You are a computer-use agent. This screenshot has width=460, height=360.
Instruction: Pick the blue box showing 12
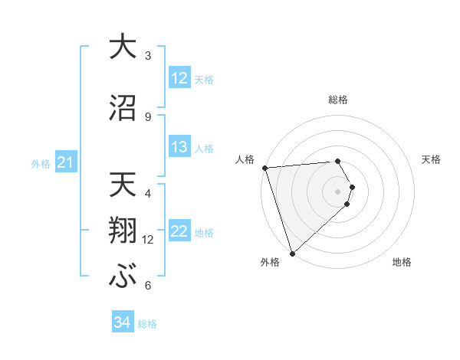pyautogui.click(x=179, y=78)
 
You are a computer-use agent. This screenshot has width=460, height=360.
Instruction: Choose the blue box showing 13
pyautogui.click(x=179, y=148)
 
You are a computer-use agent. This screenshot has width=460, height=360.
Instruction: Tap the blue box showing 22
pyautogui.click(x=179, y=232)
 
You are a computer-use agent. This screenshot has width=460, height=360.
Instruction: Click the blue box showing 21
pyautogui.click(x=65, y=162)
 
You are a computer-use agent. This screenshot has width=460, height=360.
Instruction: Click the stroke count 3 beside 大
pyautogui.click(x=149, y=56)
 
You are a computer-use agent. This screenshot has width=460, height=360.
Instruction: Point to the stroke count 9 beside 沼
pyautogui.click(x=148, y=116)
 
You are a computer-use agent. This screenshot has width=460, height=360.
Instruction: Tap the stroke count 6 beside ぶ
pyautogui.click(x=148, y=286)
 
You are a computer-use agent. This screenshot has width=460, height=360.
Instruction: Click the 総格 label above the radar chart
pyautogui.click(x=338, y=100)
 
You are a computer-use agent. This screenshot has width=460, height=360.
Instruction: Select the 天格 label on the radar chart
pyautogui.click(x=431, y=159)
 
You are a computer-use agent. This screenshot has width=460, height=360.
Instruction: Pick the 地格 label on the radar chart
pyautogui.click(x=402, y=262)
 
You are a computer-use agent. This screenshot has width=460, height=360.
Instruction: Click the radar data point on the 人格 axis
pyautogui.click(x=264, y=168)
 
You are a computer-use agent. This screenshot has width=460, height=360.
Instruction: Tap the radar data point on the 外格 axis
pyautogui.click(x=292, y=253)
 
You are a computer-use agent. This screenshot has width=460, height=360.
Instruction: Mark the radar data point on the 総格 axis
pyautogui.click(x=338, y=161)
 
